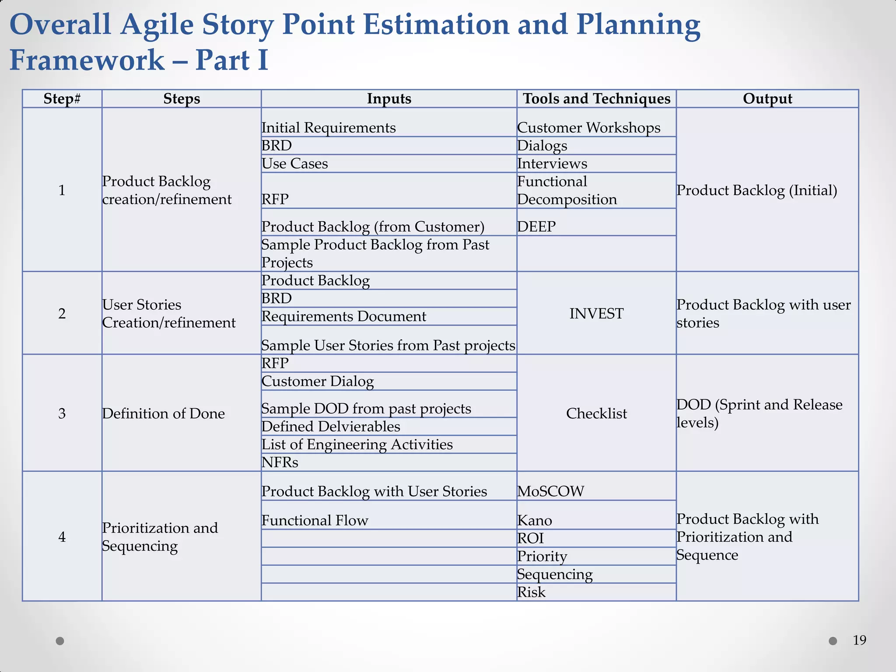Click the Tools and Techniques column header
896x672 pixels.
click(x=596, y=99)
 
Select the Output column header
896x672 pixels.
click(x=767, y=99)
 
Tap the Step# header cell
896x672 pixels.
click(x=62, y=99)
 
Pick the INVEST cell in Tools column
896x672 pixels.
click(x=596, y=313)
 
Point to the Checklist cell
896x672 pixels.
click(x=596, y=413)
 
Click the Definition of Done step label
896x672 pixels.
click(x=163, y=413)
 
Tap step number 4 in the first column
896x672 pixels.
click(x=62, y=537)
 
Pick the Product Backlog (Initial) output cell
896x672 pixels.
click(x=756, y=190)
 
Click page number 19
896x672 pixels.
click(x=859, y=640)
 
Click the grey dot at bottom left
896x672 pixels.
click(x=60, y=641)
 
